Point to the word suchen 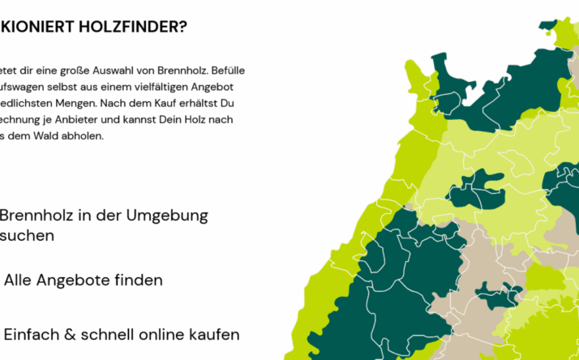pyautogui.click(x=27, y=235)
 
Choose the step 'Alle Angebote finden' pyautogui.click(x=83, y=281)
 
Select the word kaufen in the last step pyautogui.click(x=217, y=334)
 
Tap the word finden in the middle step pyautogui.click(x=137, y=281)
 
